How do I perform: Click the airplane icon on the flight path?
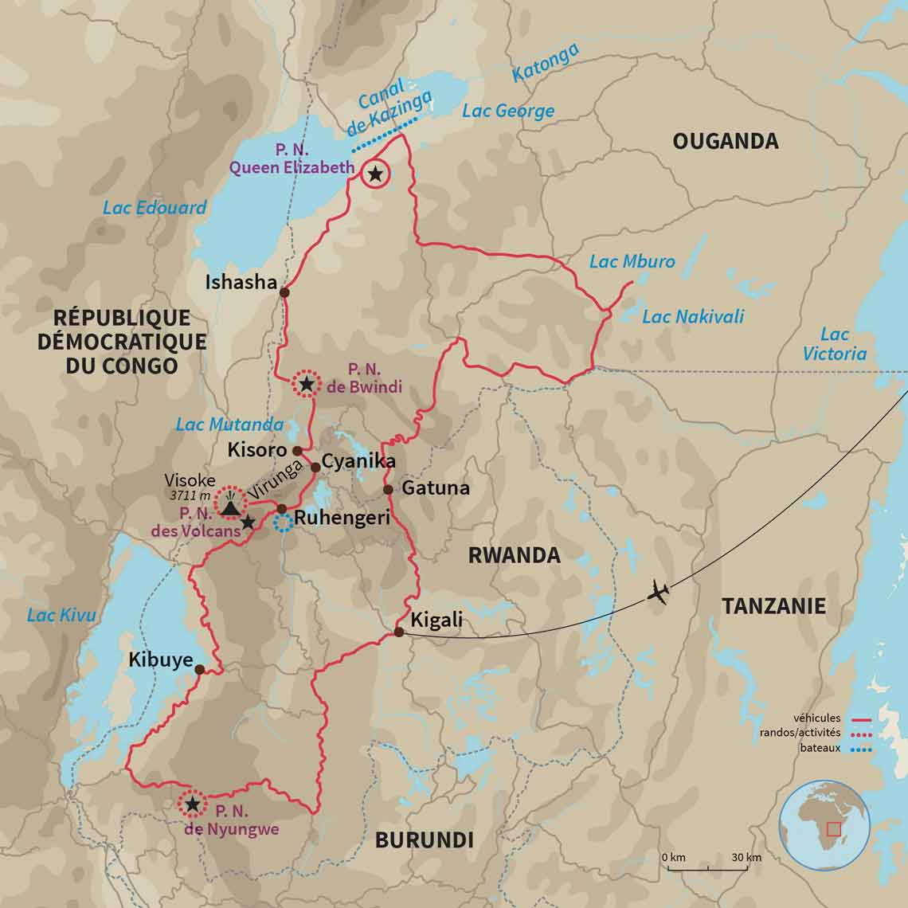(658, 593)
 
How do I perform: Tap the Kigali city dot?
(399, 632)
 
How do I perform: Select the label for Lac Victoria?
(834, 344)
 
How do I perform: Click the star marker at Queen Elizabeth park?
(375, 173)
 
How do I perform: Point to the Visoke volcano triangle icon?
(231, 507)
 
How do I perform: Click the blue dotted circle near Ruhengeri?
(283, 522)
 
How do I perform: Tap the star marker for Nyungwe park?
(192, 804)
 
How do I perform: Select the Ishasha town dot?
(284, 292)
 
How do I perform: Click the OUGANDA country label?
(725, 142)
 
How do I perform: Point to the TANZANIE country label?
(773, 606)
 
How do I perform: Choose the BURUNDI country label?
(424, 840)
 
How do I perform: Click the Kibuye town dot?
(199, 670)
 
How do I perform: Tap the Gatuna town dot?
(388, 489)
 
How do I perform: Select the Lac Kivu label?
(61, 615)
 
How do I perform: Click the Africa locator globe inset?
(824, 824)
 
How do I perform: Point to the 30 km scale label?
(746, 858)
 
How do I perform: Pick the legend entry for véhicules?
(816, 718)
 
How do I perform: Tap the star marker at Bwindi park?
(306, 385)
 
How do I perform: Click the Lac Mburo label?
(632, 261)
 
